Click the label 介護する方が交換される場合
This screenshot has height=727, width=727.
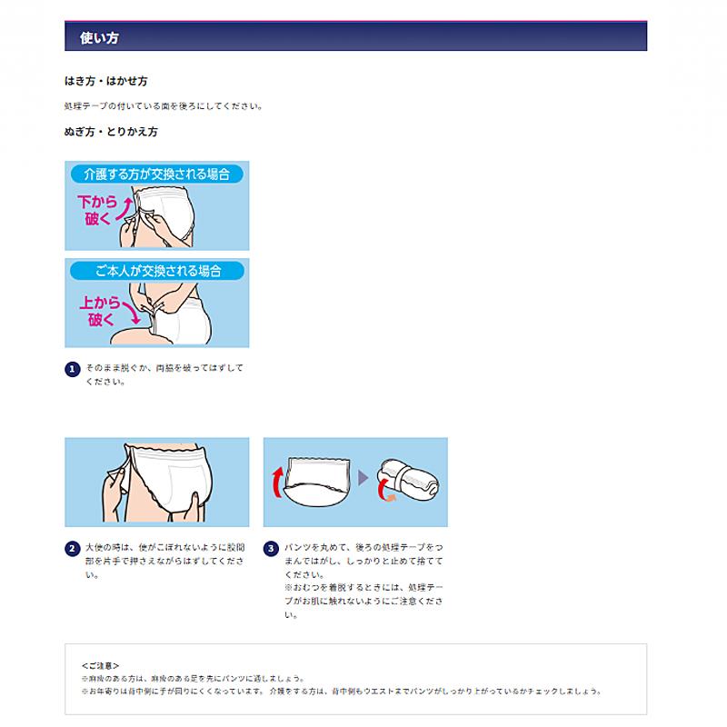156,174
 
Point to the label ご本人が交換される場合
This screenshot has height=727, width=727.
156,271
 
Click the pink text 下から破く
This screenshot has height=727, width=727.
96,209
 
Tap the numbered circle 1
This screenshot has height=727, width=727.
73,369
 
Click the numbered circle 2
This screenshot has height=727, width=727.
73,549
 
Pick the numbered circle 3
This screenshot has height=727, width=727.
271,549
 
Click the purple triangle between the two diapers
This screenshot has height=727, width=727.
363,479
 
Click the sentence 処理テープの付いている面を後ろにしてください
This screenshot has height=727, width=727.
164,105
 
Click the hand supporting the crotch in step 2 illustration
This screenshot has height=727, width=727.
189,504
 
